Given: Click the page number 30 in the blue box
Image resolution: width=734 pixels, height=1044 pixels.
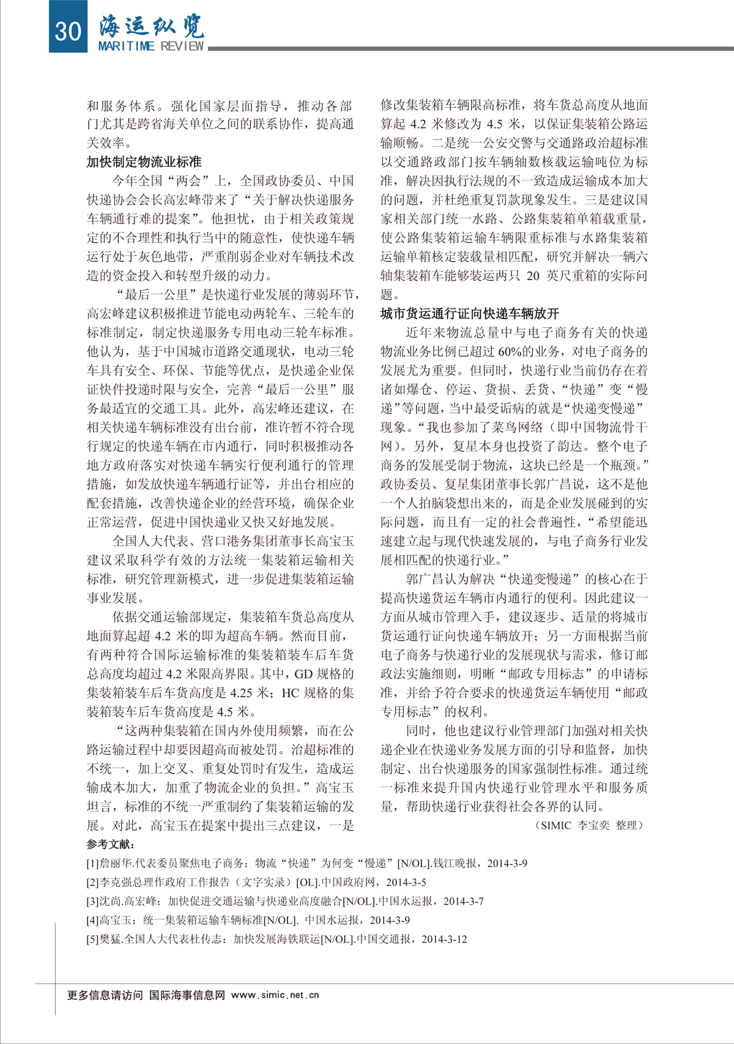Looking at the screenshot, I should point(67,29).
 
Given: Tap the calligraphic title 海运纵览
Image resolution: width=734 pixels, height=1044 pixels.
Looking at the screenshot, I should point(152,26).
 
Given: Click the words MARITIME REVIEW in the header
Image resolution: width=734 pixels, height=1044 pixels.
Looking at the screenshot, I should point(151,46).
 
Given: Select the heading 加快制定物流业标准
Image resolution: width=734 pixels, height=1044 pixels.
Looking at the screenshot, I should point(144,162).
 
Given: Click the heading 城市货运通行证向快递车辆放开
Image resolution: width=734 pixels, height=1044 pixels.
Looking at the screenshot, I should point(469,314).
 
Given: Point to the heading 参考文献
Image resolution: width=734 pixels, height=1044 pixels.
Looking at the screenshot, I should point(110,845).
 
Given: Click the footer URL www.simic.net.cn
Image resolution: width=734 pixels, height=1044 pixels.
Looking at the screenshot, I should point(275,995).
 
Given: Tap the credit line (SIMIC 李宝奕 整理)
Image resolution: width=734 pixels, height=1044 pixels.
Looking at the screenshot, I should point(590,825).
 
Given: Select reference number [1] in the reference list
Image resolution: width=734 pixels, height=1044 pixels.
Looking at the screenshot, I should point(93,864).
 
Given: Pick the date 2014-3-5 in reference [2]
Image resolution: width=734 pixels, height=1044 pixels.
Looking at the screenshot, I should point(406,883).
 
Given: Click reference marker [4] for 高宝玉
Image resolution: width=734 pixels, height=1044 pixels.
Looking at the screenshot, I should point(93,920).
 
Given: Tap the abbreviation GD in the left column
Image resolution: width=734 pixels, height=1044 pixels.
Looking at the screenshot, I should point(303,674).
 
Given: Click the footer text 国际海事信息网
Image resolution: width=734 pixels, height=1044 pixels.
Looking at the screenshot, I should point(187,995).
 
